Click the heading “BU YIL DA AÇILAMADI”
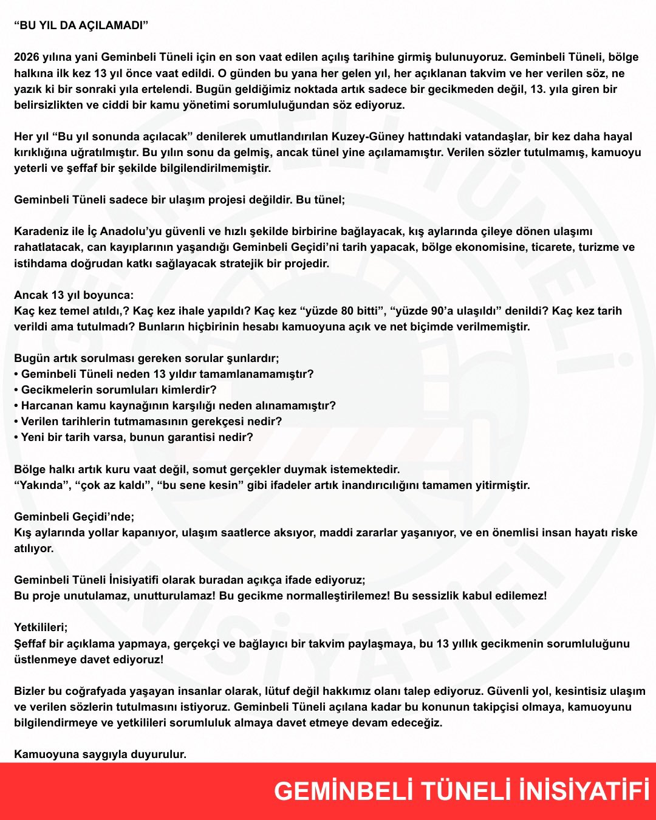(81, 26)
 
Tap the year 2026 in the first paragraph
(27, 57)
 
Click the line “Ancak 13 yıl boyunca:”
(73, 295)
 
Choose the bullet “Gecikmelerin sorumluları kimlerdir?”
(118, 389)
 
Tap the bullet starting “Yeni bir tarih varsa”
(137, 437)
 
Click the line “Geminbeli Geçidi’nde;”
(74, 516)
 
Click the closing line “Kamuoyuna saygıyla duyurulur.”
(100, 754)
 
